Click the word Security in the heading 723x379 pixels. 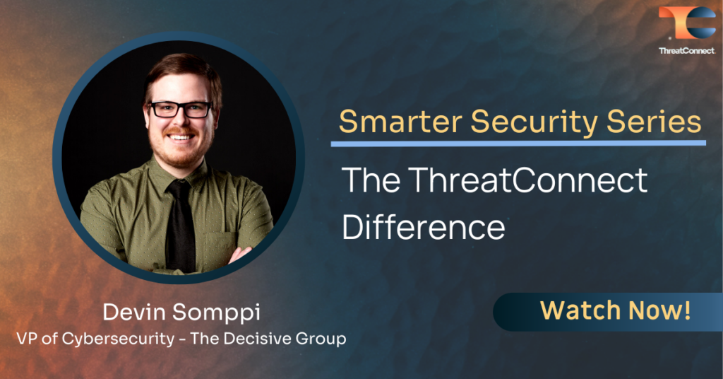point(525,122)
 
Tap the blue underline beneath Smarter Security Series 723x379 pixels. point(518,144)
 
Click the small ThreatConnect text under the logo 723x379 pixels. point(686,50)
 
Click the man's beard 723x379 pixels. point(181,152)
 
